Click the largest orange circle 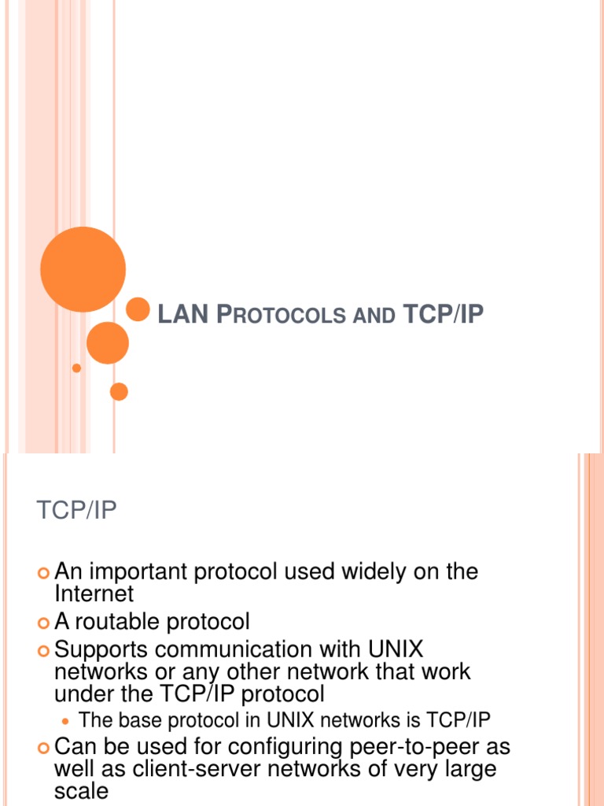tap(83, 269)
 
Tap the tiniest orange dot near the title tap(76, 368)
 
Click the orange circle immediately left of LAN tap(138, 309)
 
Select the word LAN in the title tap(183, 316)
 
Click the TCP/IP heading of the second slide tap(76, 511)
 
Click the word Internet tap(94, 593)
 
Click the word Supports tap(101, 651)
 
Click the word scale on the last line tap(81, 790)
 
